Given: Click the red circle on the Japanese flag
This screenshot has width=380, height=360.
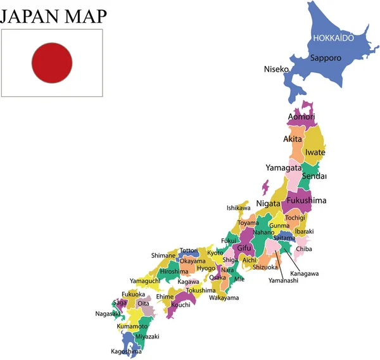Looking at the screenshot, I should tap(52, 62).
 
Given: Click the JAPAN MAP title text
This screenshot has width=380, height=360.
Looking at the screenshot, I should tap(53, 15).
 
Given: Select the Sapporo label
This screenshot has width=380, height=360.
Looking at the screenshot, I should tap(326, 58).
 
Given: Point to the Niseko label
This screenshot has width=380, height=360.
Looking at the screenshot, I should tap(276, 68).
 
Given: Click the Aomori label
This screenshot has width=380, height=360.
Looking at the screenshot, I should tap(301, 117).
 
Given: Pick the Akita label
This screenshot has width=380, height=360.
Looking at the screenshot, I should tap(293, 139).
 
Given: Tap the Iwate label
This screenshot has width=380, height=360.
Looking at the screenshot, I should tap(315, 153).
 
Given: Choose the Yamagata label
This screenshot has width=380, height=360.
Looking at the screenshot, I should tap(283, 168).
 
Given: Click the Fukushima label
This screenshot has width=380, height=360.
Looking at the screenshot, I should tap(307, 201).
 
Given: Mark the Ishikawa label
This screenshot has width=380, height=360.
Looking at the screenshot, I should tap(238, 208).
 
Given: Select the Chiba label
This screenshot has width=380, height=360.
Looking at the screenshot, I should tap(304, 249).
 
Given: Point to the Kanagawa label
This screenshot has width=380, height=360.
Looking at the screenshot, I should tap(305, 273).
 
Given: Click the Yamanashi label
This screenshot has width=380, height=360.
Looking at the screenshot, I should tap(283, 280).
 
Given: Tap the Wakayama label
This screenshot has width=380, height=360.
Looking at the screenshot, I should tap(224, 297).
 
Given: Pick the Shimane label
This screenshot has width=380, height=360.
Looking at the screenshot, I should tap(163, 255).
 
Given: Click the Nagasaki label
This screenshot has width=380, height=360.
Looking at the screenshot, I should tap(108, 313).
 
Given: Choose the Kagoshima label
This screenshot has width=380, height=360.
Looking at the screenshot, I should tap(127, 351).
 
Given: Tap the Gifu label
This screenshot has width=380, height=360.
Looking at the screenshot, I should tap(244, 248).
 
